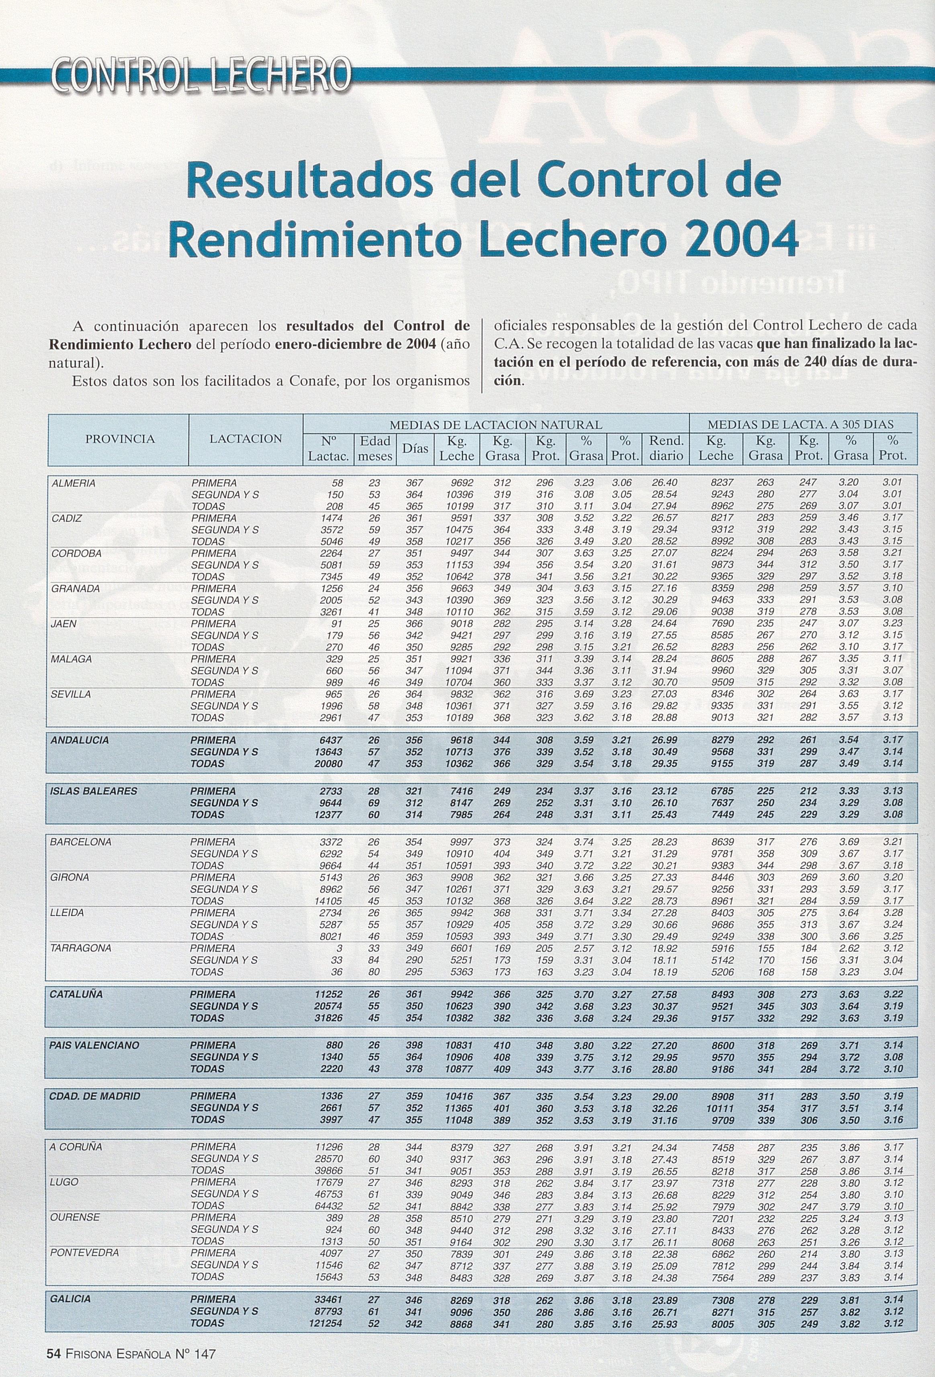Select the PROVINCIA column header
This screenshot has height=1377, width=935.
click(x=120, y=439)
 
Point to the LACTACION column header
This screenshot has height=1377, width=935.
click(x=246, y=439)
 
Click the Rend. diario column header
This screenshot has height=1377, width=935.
click(x=667, y=448)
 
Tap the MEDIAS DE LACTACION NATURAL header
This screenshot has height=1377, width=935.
click(x=495, y=424)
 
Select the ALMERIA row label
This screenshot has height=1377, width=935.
click(x=74, y=483)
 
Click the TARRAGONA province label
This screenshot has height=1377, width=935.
click(x=81, y=948)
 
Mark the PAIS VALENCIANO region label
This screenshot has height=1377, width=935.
click(x=95, y=1045)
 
